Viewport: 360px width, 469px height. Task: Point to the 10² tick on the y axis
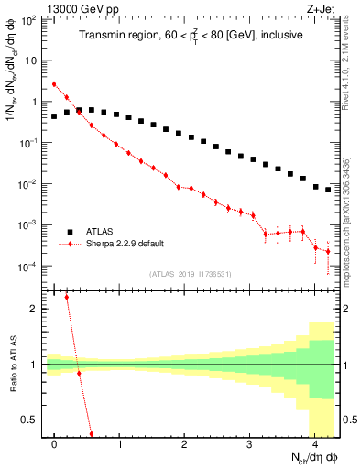(29, 19)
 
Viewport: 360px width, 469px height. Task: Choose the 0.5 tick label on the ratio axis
(30, 420)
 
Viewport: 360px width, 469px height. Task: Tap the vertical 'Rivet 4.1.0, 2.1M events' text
(350, 69)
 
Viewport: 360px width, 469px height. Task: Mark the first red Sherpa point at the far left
(54, 84)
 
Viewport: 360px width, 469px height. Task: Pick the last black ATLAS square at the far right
(328, 191)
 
